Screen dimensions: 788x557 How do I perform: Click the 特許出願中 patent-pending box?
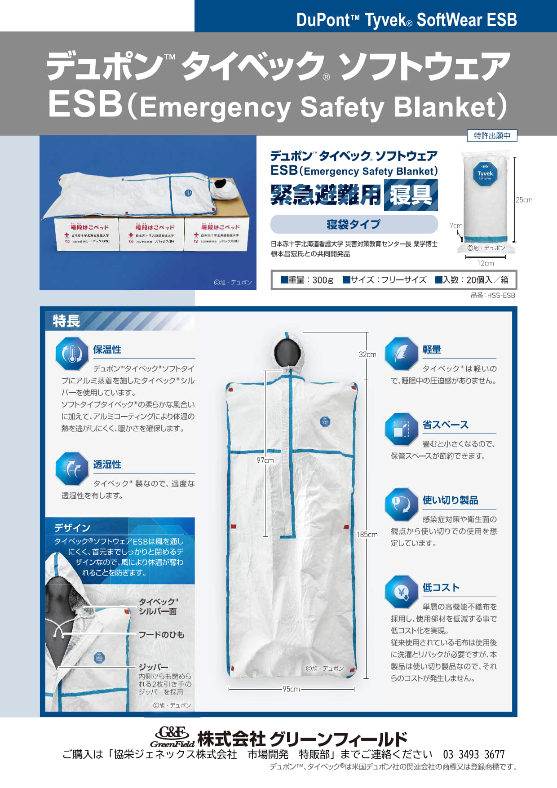coord(492,136)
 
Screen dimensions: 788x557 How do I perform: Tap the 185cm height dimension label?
coord(367,535)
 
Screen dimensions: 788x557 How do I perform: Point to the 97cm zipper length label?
coord(265,460)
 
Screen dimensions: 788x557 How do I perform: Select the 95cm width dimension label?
coord(291,689)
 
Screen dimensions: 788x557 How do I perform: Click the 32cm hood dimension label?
coord(367,354)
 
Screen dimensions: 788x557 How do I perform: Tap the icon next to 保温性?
coord(71,354)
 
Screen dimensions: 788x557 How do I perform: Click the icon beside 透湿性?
coord(71,469)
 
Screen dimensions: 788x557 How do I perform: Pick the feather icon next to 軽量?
coord(401,354)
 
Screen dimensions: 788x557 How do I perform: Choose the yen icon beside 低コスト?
coord(401,592)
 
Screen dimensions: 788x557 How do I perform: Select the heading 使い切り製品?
coord(450,500)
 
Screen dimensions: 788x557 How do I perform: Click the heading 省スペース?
coord(445,425)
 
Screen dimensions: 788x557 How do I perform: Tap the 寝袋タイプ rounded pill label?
coord(354,224)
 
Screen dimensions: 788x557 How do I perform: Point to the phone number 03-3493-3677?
coord(473,754)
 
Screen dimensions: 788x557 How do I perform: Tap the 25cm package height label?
coord(524,200)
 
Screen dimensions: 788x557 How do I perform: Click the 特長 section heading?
coord(66,321)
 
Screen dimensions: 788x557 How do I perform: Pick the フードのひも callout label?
coord(161,634)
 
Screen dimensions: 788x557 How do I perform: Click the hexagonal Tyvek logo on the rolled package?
coord(485,173)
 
